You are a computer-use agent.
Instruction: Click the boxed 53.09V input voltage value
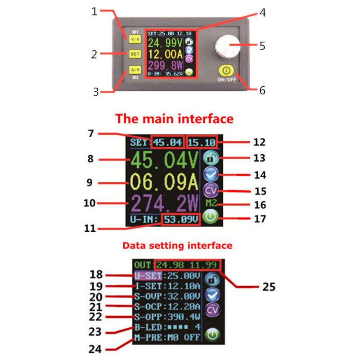pos(180,220)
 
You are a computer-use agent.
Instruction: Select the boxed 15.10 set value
pos(202,143)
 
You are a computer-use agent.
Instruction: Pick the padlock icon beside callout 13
pos(210,158)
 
